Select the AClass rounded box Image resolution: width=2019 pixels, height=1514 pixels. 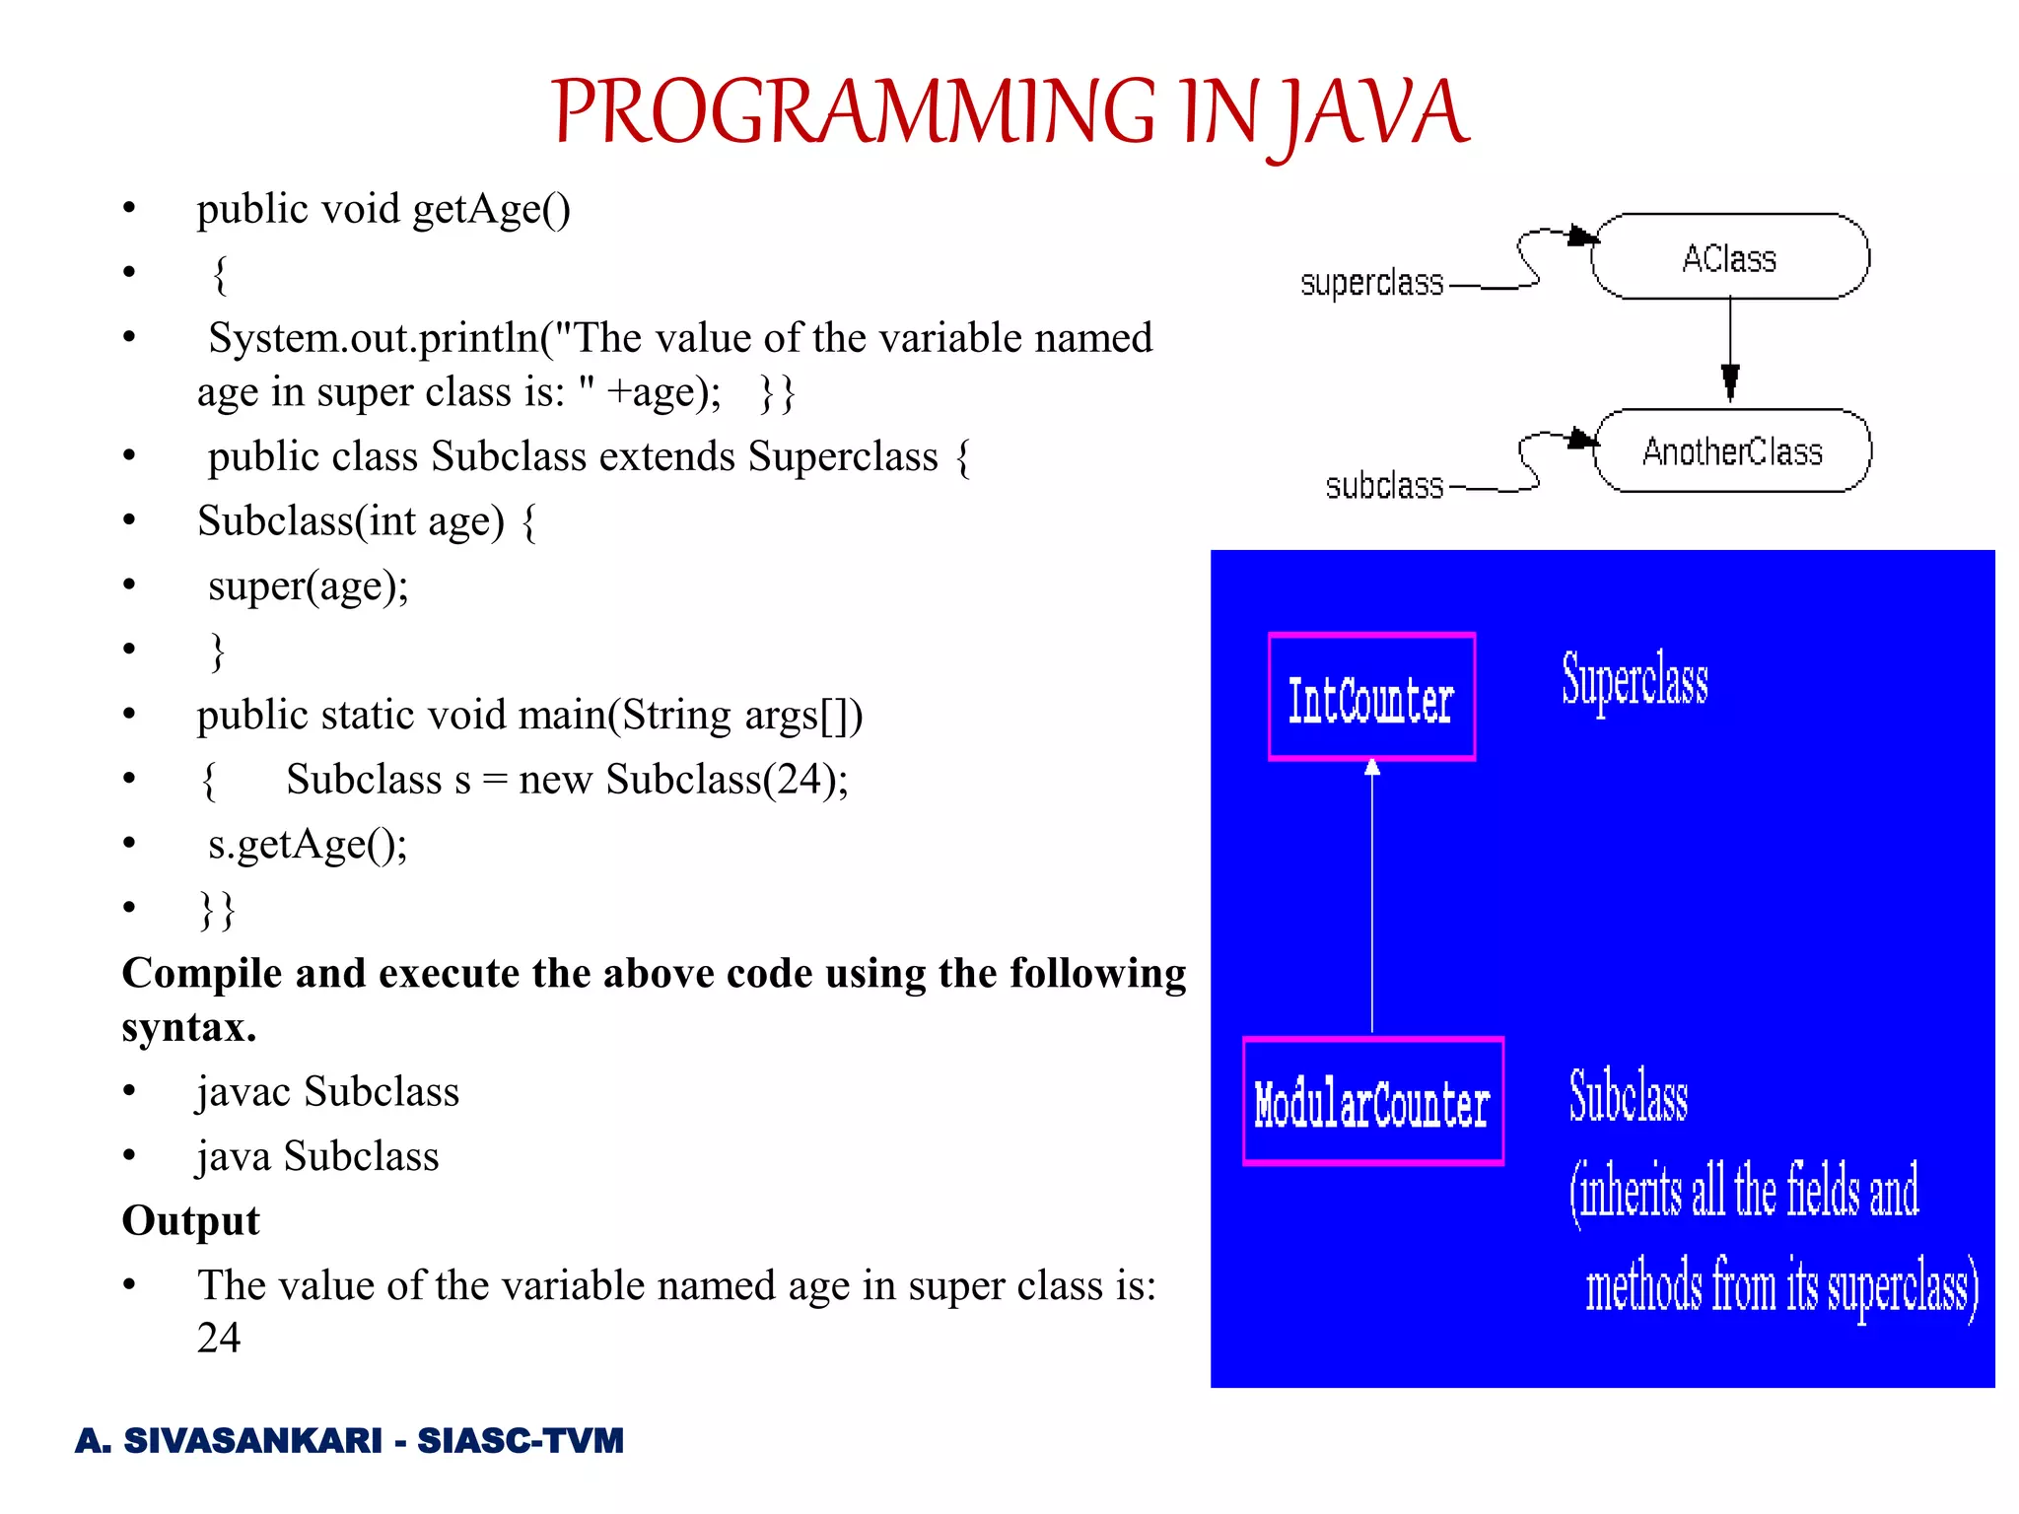1729,257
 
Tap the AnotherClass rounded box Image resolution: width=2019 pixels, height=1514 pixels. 1732,451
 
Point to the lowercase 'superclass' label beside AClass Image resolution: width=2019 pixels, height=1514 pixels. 1371,284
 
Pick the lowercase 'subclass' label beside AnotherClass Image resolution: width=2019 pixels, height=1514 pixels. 1384,486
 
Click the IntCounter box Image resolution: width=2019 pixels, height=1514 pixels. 1371,698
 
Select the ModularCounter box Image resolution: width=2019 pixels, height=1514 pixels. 1372,1102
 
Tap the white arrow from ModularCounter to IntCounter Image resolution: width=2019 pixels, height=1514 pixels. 1372,897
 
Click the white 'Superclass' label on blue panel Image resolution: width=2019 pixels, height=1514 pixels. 1635,680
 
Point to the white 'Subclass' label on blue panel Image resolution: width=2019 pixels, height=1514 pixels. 1629,1096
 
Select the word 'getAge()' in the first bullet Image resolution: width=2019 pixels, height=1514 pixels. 491,210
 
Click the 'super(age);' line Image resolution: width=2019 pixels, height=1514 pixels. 308,586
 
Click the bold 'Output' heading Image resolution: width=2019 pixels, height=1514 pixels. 190,1220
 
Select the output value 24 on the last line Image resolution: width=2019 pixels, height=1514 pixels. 218,1338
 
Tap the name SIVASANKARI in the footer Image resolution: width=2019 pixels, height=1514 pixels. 252,1441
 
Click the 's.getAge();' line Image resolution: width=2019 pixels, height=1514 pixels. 308,845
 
